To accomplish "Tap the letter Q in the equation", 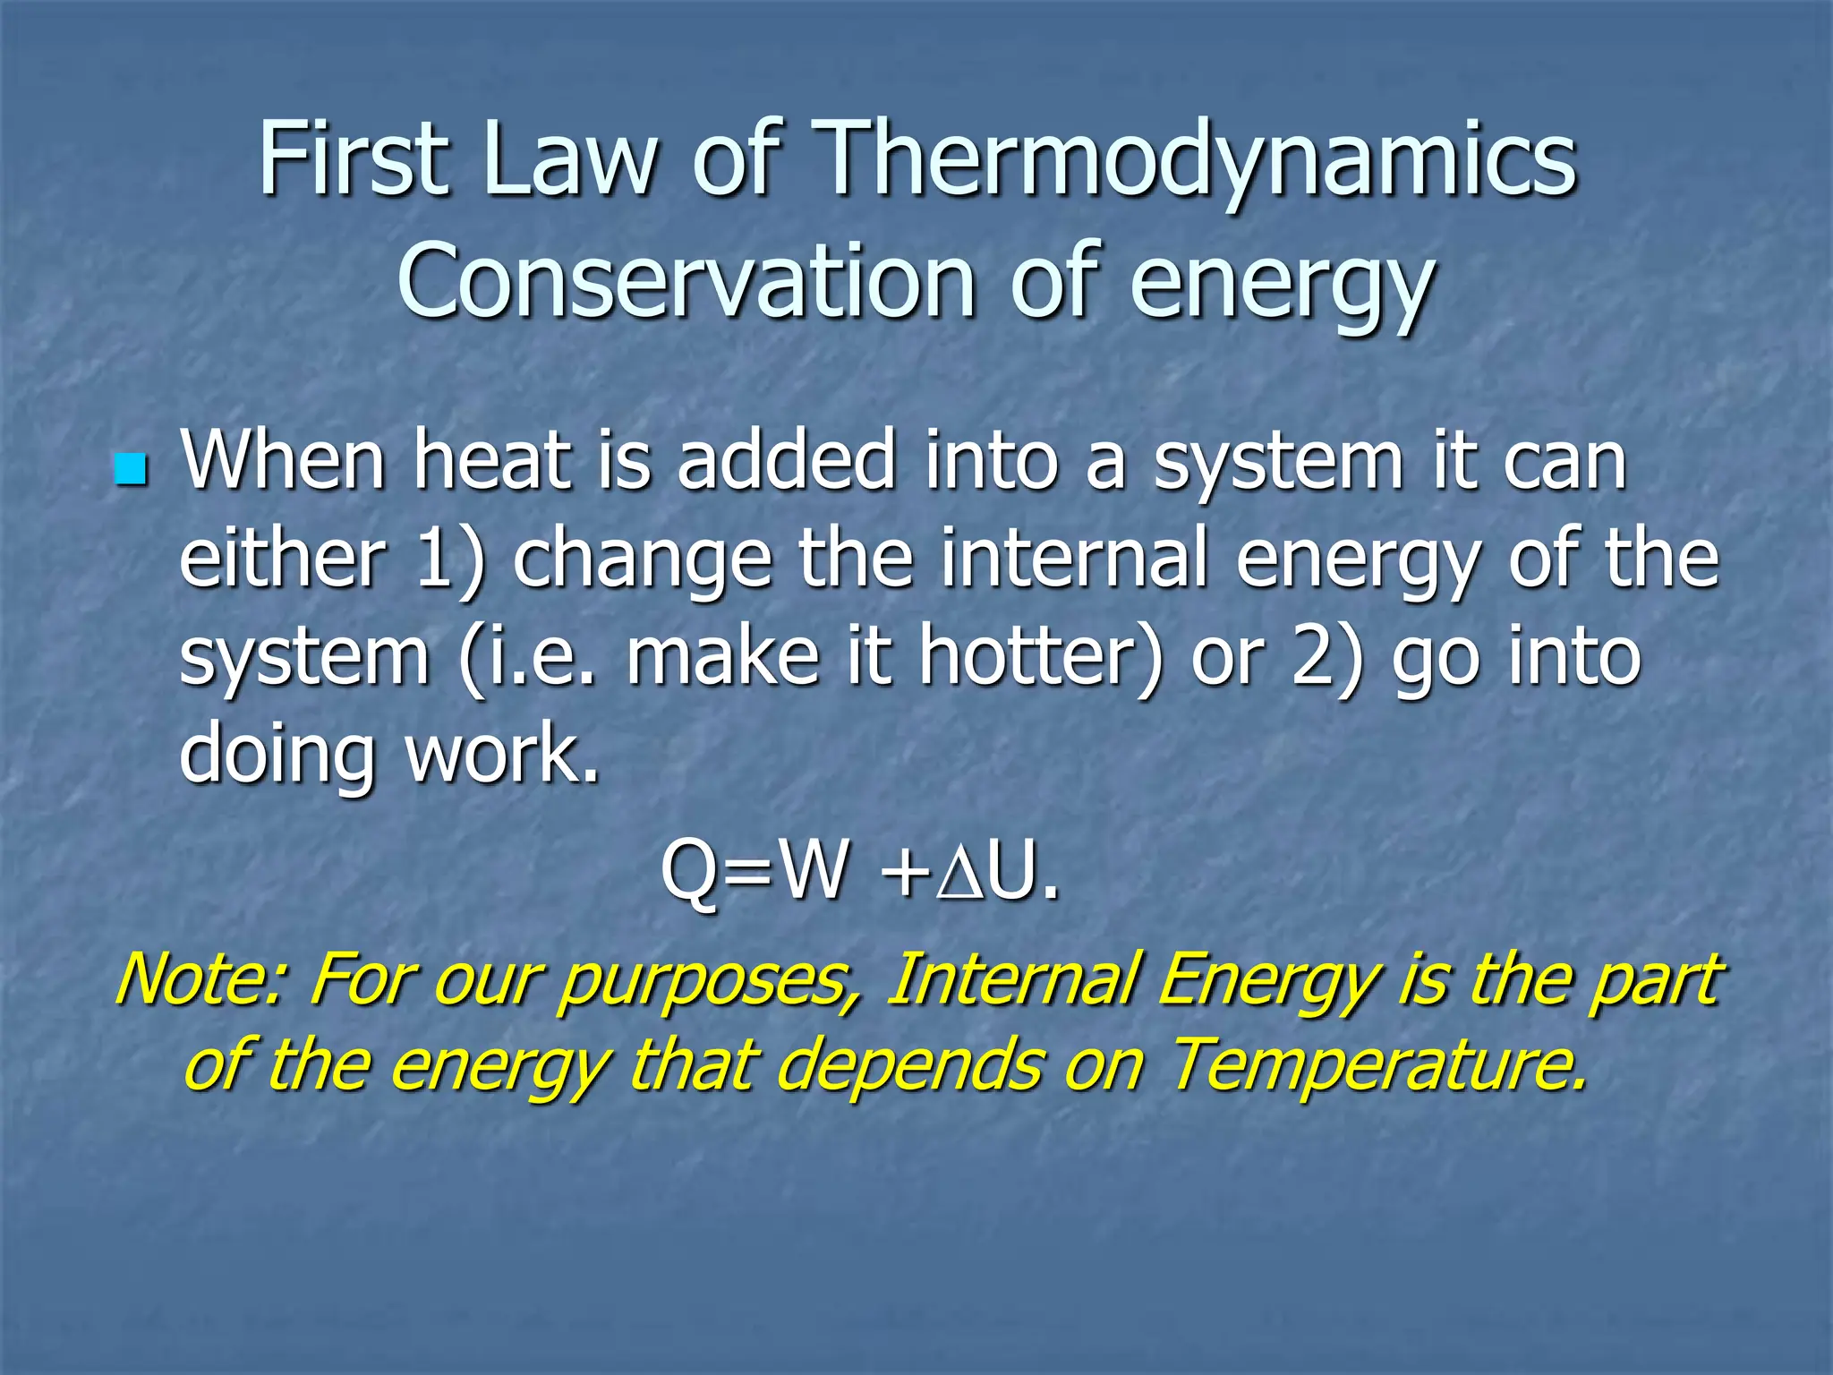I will click(x=690, y=873).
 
